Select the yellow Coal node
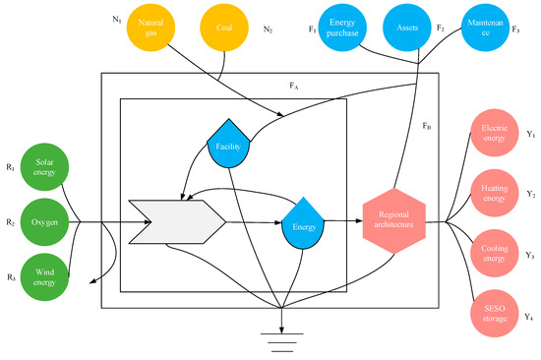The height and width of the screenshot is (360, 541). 224,28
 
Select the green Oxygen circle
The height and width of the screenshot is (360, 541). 45,222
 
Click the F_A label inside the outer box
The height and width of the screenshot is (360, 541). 293,87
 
